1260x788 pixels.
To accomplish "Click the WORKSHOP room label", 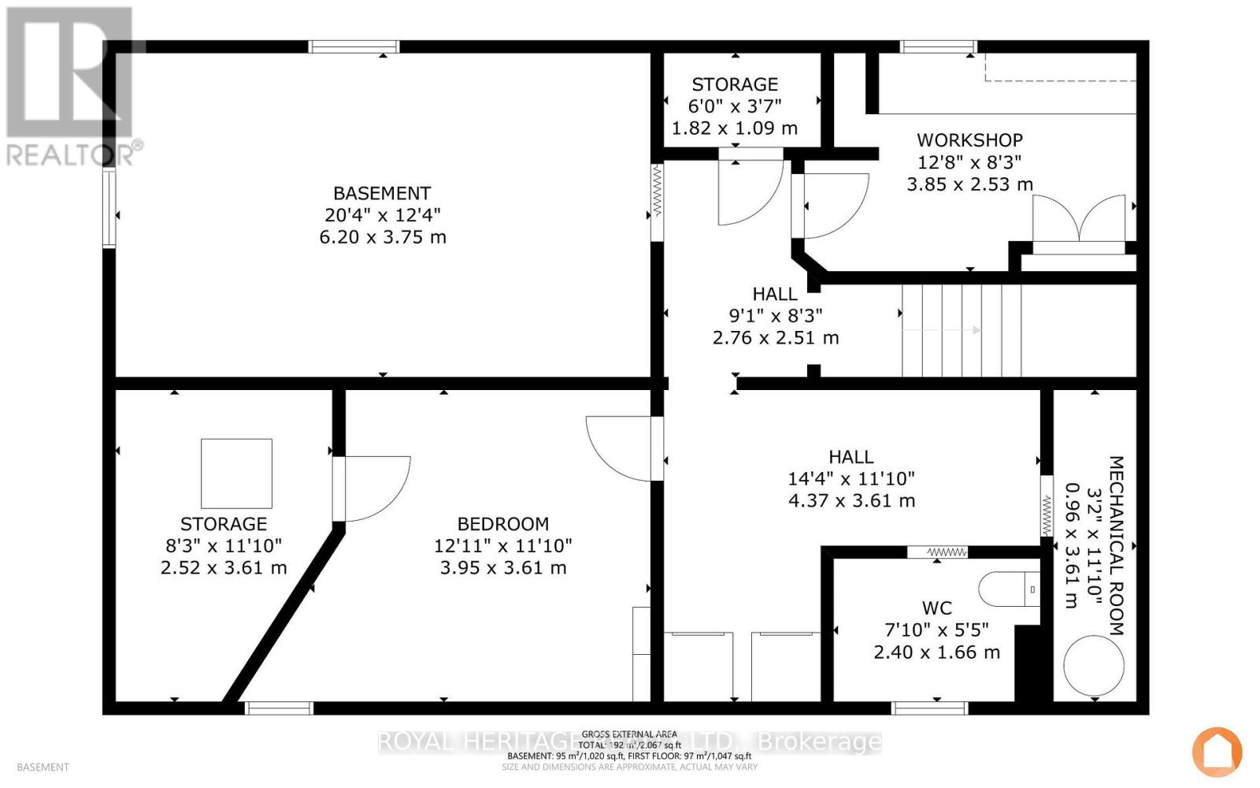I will pos(969,140).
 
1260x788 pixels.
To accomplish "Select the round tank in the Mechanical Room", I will pos(1093,665).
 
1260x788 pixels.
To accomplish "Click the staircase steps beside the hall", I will pos(961,331).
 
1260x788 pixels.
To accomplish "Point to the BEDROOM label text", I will pos(503,524).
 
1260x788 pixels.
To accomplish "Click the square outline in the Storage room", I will pos(236,474).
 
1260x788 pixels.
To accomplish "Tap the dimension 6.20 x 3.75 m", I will pos(383,237).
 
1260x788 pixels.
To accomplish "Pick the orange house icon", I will pos(1217,750).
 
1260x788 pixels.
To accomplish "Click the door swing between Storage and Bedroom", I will pos(370,489).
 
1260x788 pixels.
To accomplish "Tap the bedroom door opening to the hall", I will pos(622,448).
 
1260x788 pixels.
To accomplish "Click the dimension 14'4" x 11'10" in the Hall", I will pos(850,478).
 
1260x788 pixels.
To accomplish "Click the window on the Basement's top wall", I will pos(354,47).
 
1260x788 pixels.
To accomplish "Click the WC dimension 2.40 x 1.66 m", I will pos(936,652).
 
